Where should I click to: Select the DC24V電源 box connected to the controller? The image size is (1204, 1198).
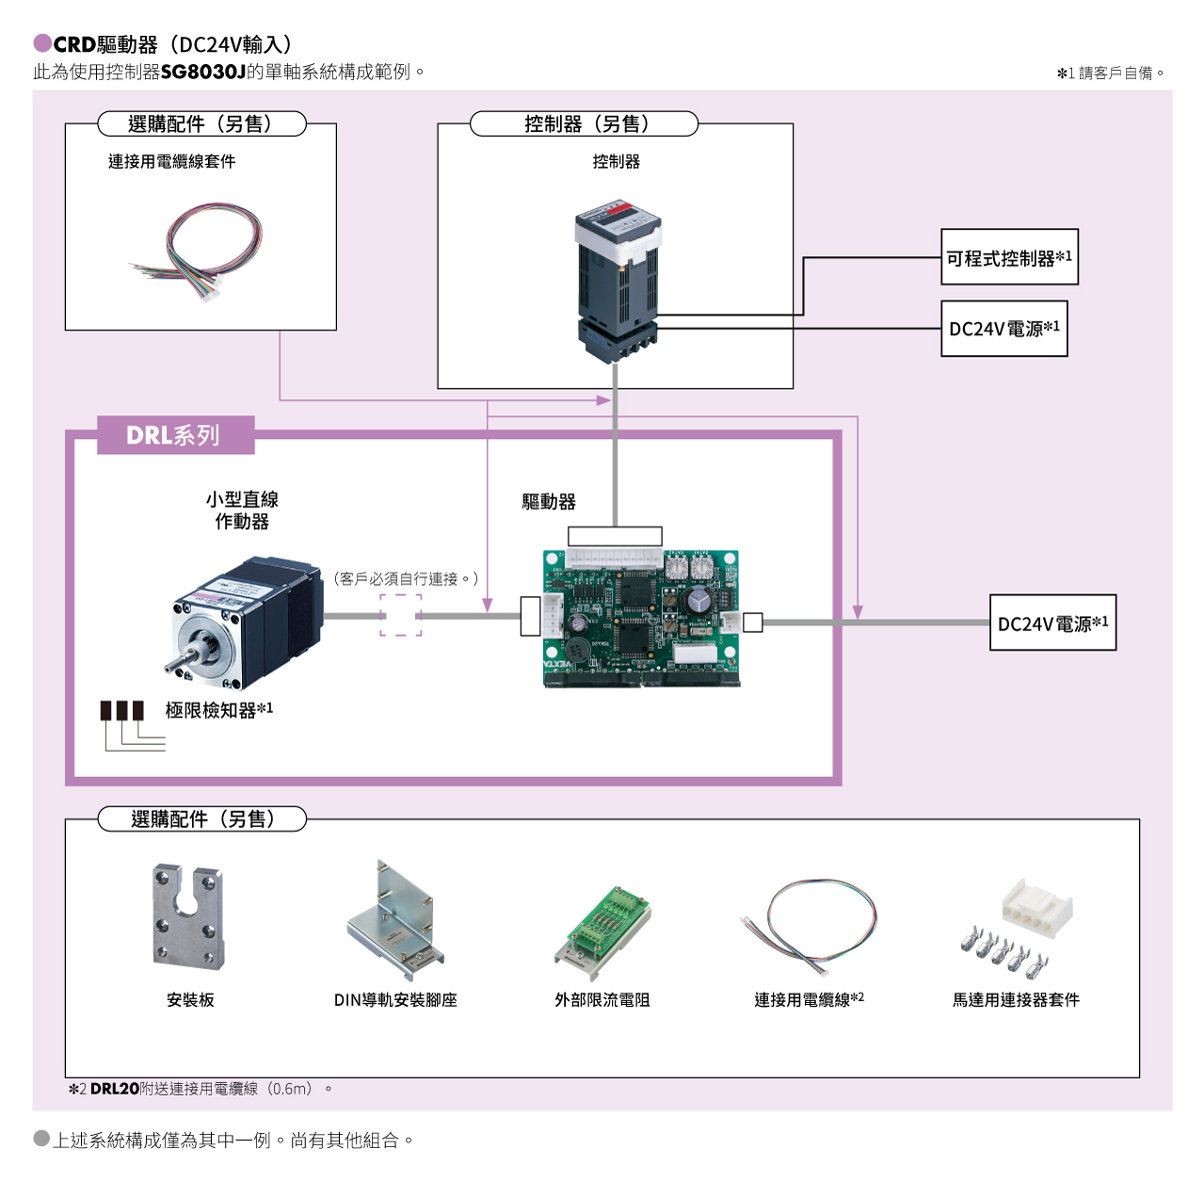pos(1003,329)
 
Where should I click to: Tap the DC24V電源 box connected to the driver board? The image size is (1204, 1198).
pos(1052,623)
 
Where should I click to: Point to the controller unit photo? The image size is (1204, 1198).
pos(618,286)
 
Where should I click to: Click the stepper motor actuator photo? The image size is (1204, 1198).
pos(246,623)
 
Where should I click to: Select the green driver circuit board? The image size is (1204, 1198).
pos(641,618)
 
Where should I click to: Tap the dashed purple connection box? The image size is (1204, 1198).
pos(400,615)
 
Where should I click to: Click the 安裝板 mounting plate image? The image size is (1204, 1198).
pos(188,916)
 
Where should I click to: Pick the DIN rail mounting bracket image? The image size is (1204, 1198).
pos(395,920)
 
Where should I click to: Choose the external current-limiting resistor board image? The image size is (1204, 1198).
pos(602,931)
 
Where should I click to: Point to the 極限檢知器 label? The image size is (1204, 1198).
pos(218,710)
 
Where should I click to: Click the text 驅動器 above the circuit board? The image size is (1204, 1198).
pos(549,501)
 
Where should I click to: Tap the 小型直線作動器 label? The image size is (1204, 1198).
pos(242,510)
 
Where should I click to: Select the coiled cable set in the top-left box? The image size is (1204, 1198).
pos(199,251)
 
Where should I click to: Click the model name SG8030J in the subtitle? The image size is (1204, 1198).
pos(203,72)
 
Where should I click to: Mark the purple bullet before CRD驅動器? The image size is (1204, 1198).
pos(42,43)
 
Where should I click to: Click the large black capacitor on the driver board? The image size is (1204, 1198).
pos(698,600)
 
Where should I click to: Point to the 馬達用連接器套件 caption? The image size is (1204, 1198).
pos(1016,1000)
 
